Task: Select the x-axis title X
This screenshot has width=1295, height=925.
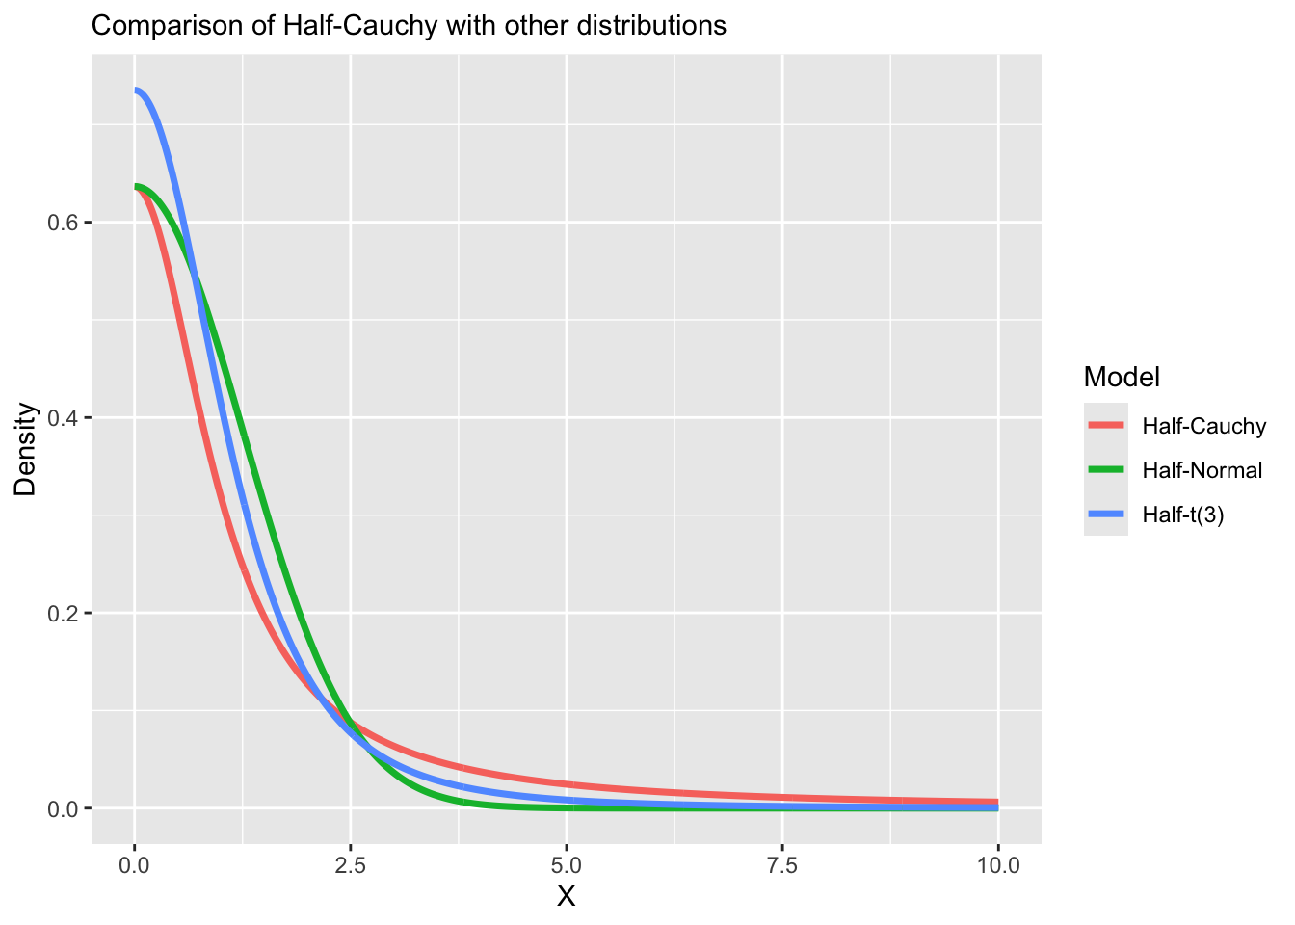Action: pos(567,897)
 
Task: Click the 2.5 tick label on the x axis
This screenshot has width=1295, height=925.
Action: pos(351,865)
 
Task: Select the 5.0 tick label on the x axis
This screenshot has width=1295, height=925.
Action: pos(567,865)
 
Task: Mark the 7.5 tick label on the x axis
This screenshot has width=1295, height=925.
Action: pos(782,865)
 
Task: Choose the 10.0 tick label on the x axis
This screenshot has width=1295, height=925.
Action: pos(998,865)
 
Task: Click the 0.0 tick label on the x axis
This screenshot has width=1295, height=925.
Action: pos(135,865)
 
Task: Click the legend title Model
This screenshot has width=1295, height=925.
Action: pos(1121,377)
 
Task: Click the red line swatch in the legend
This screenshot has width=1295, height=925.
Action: pos(1106,425)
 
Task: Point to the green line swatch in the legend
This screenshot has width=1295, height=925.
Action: pos(1106,469)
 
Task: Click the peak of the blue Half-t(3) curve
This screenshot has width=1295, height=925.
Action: pos(137,91)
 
